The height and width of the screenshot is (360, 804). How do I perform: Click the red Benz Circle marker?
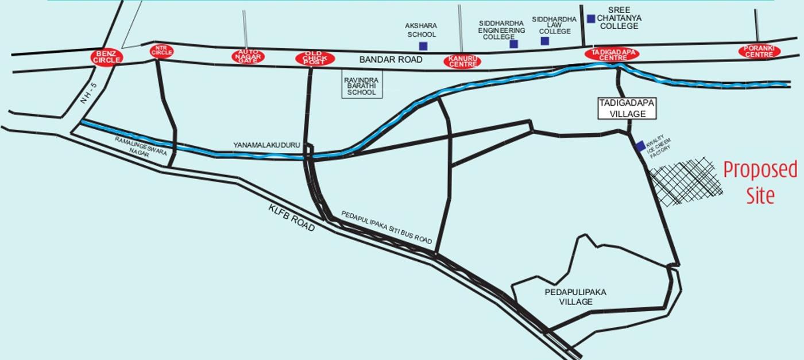tap(107, 57)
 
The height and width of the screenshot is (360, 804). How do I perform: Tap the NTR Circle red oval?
tap(161, 51)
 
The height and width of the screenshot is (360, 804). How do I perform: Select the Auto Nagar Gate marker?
tap(248, 56)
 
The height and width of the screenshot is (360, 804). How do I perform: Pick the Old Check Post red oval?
tap(314, 58)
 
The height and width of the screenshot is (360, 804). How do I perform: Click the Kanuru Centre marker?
tap(462, 61)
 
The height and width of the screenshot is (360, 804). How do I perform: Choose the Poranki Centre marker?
tap(759, 52)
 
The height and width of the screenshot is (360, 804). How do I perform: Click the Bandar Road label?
tap(391, 60)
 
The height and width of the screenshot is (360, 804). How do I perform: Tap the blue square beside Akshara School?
tap(423, 46)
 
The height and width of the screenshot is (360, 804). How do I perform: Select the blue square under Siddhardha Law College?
tap(544, 41)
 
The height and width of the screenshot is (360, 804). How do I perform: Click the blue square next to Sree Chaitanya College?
tap(591, 19)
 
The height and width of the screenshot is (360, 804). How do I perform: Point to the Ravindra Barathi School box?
tap(362, 86)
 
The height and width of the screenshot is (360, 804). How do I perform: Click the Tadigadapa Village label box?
tap(627, 109)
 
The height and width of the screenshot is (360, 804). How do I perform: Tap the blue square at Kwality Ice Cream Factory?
tap(640, 146)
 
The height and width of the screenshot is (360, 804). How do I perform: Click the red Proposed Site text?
tap(760, 183)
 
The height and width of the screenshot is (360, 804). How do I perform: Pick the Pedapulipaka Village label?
tap(575, 297)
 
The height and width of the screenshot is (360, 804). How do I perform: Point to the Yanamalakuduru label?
tap(267, 145)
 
